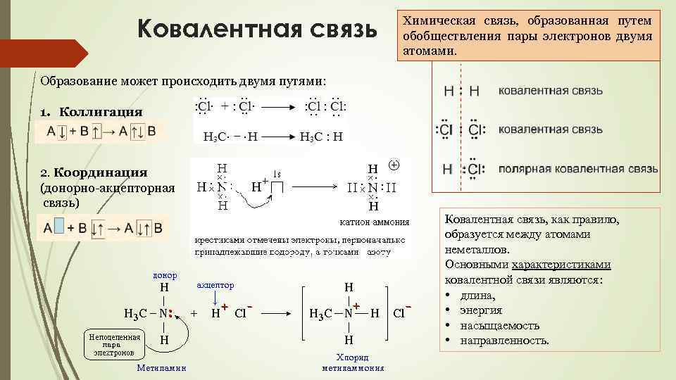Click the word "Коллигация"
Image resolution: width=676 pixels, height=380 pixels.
(101, 112)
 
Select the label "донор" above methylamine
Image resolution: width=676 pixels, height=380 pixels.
(165, 274)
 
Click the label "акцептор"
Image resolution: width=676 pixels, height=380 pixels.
(215, 285)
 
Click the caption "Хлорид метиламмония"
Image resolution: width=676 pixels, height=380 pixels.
(353, 362)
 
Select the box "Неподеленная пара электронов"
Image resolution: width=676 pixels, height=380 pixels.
(112, 343)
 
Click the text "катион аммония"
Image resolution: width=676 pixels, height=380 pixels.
(374, 222)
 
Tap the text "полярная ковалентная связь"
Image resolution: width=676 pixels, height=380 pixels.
(578, 170)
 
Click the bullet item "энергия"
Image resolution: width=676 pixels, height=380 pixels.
(481, 310)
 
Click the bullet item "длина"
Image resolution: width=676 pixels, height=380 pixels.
(478, 296)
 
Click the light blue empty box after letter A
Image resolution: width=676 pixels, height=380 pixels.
(59, 227)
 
